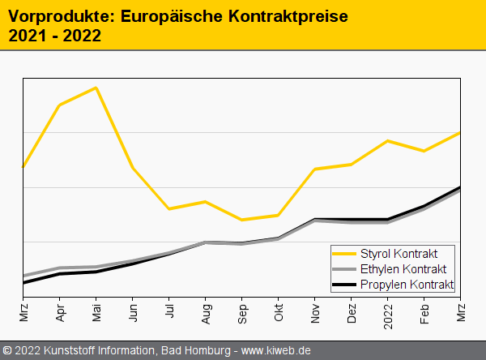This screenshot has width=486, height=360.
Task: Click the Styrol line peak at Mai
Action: click(x=96, y=88)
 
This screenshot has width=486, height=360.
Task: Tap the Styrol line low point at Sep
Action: click(x=242, y=220)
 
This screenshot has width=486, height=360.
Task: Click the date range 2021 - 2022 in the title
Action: click(x=54, y=35)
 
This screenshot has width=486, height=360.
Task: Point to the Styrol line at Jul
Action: click(x=169, y=208)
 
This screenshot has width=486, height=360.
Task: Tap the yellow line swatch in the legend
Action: click(x=344, y=254)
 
